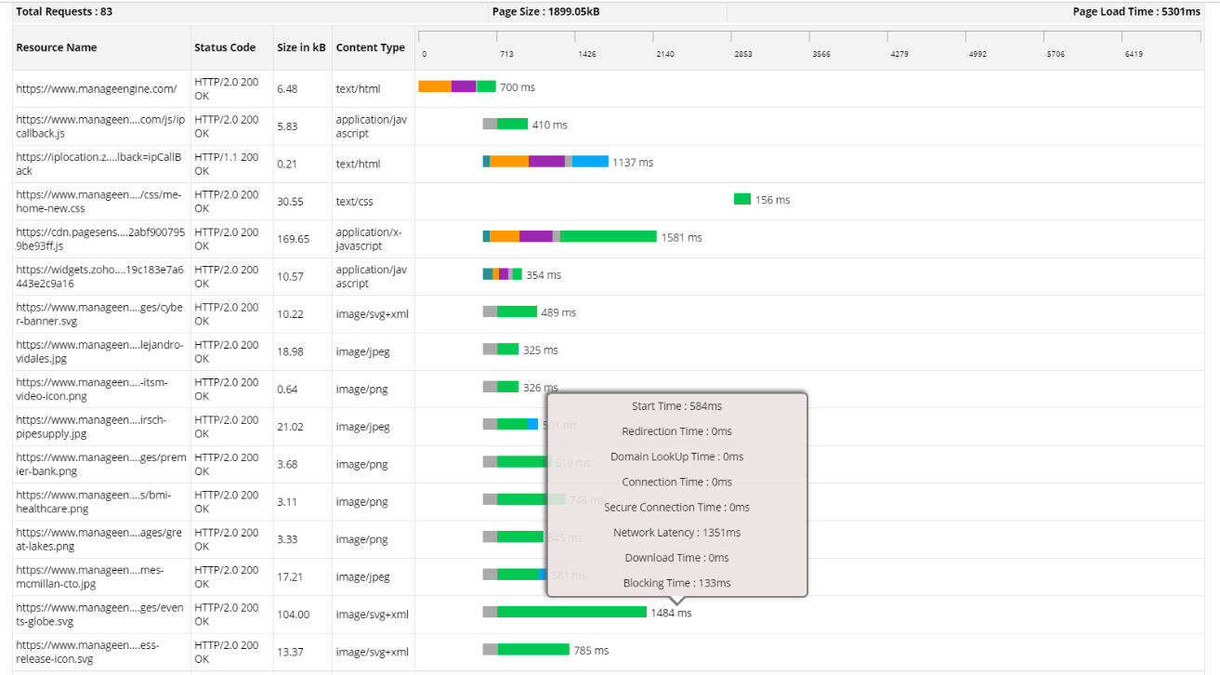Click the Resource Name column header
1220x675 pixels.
pos(57,47)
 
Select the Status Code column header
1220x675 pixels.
pos(225,47)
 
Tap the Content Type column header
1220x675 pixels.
pos(371,47)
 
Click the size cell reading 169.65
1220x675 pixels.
pos(294,239)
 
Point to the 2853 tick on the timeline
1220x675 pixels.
pos(743,54)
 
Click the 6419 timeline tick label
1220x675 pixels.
pos(1133,54)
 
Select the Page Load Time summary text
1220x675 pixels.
pos(1136,12)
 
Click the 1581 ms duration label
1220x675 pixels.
pos(681,237)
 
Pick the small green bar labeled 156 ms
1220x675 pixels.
pos(742,199)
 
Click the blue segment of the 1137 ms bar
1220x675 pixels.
pos(590,162)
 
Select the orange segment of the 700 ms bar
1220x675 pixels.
pos(435,86)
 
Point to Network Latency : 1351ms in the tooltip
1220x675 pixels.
pos(676,533)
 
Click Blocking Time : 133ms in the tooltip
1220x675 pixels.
pos(676,583)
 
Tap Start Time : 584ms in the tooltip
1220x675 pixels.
pos(676,406)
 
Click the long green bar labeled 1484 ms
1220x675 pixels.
pos(571,612)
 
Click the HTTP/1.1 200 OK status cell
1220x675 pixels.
pos(227,164)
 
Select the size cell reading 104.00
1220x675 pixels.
pos(294,615)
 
